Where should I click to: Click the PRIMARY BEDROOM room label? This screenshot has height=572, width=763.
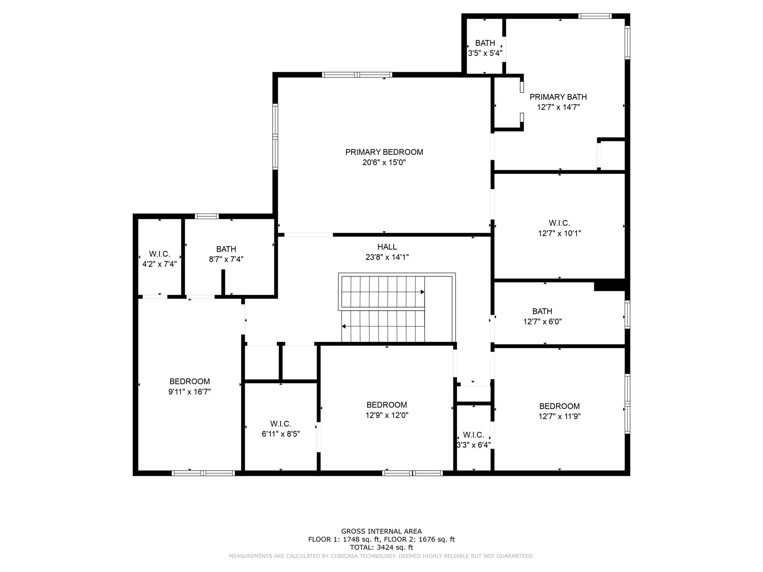[384, 152]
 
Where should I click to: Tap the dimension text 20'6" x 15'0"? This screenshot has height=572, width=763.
[384, 162]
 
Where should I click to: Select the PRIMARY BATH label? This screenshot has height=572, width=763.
[558, 97]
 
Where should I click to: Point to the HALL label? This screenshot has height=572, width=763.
[387, 247]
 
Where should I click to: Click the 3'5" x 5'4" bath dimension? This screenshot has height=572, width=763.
[485, 53]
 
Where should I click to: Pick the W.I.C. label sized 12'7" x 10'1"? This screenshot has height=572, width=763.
[559, 223]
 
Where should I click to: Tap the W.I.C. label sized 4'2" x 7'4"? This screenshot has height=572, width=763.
[159, 254]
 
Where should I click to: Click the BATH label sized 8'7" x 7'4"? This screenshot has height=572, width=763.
[226, 249]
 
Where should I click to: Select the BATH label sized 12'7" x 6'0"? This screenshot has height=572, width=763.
[542, 311]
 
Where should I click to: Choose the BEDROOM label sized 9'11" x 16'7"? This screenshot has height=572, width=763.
[190, 381]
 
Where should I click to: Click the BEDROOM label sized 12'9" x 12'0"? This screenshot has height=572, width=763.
[387, 405]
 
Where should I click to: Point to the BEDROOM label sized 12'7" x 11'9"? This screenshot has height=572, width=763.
[560, 406]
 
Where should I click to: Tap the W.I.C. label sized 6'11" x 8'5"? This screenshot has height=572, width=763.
[281, 424]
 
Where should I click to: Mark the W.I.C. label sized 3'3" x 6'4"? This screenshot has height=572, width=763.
[474, 435]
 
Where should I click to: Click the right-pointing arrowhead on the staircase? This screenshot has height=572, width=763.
[422, 292]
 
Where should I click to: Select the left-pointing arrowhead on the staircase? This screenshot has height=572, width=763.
[343, 327]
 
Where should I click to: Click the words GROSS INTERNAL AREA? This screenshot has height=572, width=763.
[381, 531]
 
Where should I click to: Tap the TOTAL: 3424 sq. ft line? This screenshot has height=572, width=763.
[381, 547]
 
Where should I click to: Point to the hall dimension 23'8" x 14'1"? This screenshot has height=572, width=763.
[387, 257]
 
